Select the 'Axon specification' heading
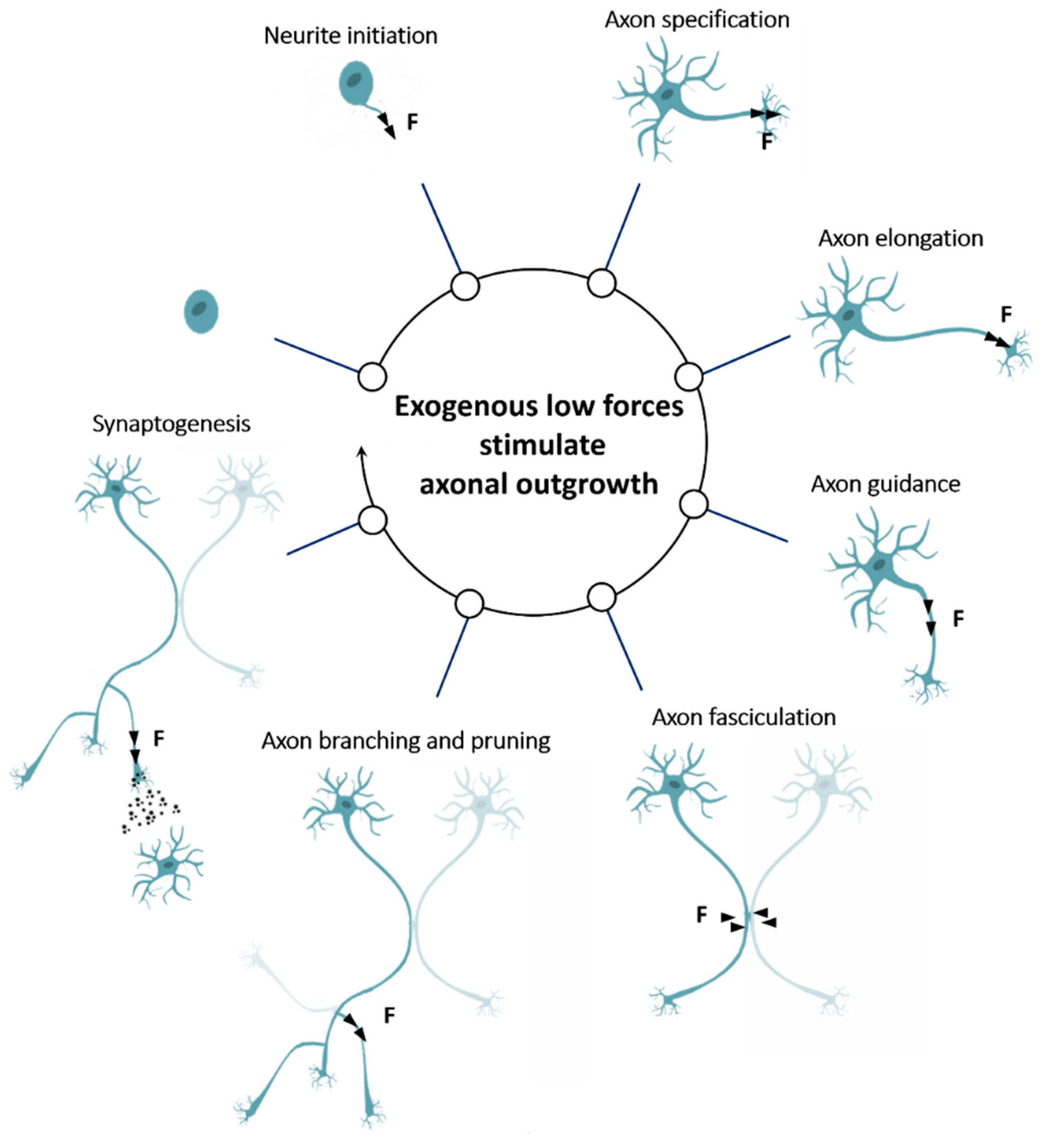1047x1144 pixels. [697, 20]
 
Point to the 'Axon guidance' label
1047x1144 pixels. [885, 485]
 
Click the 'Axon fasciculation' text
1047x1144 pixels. [744, 718]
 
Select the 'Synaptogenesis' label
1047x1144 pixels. [172, 424]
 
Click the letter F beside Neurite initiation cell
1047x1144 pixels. [412, 121]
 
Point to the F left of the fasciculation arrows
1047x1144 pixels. [701, 914]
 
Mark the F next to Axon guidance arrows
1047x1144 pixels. [958, 618]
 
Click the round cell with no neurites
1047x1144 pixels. [201, 311]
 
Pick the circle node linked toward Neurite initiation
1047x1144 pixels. [465, 287]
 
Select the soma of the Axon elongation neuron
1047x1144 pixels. [849, 315]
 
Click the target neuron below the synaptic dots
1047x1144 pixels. [168, 864]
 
